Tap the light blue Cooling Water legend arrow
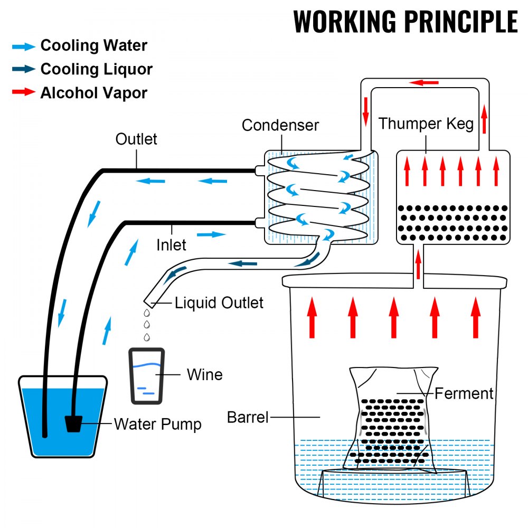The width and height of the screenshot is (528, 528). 23,46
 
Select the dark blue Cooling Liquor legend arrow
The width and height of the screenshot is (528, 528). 23,70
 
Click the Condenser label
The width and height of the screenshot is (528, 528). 280,125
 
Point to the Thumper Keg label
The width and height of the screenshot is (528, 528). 426,124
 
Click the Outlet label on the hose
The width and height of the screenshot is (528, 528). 136,139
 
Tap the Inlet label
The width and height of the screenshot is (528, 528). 171,245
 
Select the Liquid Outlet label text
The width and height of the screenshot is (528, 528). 219,303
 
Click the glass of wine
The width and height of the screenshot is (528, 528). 146,376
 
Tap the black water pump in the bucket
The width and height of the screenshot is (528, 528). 74,423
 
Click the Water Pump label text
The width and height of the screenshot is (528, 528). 157,424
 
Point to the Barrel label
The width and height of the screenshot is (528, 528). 248,417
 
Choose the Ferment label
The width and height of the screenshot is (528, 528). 463,393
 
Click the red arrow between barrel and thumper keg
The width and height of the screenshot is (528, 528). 418,264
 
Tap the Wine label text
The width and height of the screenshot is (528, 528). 204,375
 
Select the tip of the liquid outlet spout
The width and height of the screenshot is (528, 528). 149,303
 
